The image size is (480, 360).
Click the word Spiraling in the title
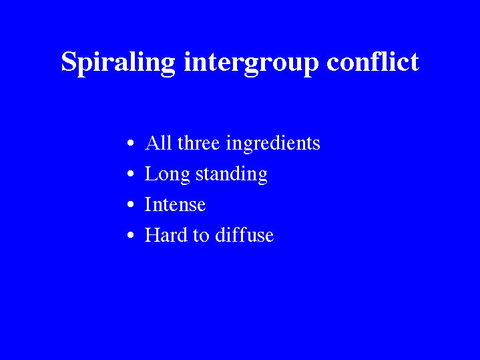pos(118,63)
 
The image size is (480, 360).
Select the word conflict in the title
pos(373,61)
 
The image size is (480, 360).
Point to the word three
pos(198,142)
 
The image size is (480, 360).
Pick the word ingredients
pos(273,144)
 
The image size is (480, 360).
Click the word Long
pos(167,174)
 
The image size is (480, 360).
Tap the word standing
pos(232,174)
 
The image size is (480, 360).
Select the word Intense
pos(175,204)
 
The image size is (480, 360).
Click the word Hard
pos(166,234)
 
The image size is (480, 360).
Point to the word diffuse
pos(244,234)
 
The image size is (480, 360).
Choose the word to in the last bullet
pos(201,236)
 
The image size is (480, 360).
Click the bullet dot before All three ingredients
pos(131,143)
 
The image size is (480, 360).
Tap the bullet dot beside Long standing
pos(131,174)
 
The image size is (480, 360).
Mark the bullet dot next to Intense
pos(131,204)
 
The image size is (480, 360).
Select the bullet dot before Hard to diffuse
pos(131,234)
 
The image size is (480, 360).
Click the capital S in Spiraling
pos(68,61)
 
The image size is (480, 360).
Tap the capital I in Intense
pos(148,204)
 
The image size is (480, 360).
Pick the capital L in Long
pos(152,174)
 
